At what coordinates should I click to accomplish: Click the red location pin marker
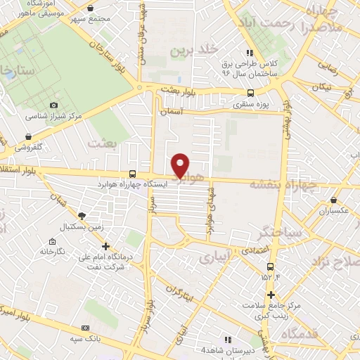[x=181, y=165]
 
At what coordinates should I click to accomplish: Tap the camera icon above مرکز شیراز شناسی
[x=53, y=105]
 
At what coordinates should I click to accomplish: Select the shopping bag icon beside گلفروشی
[x=29, y=136]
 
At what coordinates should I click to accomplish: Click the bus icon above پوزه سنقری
[x=251, y=93]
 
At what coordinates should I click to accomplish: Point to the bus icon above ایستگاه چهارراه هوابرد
[x=133, y=174]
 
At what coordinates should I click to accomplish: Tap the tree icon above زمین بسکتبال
[x=82, y=216]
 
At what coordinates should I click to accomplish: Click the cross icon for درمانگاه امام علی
[x=105, y=246]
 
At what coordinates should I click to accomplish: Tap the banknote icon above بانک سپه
[x=86, y=328]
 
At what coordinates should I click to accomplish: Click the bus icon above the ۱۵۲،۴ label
[x=271, y=266]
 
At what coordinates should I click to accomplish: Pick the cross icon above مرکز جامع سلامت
[x=271, y=295]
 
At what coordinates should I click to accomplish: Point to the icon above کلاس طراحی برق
[x=249, y=52]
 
